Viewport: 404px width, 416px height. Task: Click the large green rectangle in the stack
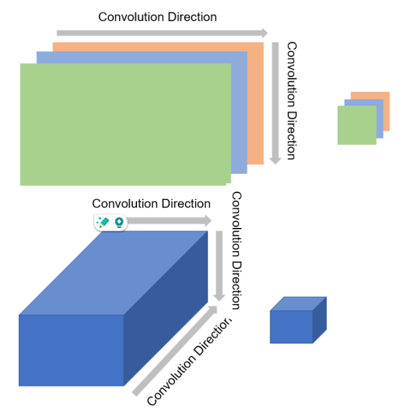pyautogui.click(x=124, y=124)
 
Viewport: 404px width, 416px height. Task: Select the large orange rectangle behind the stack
pyautogui.click(x=256, y=103)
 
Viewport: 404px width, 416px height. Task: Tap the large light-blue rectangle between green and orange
pyautogui.click(x=239, y=113)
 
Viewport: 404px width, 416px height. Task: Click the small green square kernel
pyautogui.click(x=357, y=125)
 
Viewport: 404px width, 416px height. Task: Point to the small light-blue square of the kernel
pyautogui.click(x=380, y=119)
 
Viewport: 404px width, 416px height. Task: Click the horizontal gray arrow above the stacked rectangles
pyautogui.click(x=162, y=33)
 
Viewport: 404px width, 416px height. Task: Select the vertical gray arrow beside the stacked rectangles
pyautogui.click(x=275, y=103)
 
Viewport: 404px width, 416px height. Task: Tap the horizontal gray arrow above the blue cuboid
pyautogui.click(x=170, y=220)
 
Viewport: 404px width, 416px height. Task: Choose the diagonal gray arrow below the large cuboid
pyautogui.click(x=173, y=351)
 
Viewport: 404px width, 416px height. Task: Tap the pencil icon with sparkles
pyautogui.click(x=102, y=222)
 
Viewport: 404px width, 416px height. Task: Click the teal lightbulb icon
pyautogui.click(x=119, y=222)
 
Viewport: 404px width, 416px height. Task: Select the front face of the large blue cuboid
pyautogui.click(x=71, y=350)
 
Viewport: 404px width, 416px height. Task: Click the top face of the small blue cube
pyautogui.click(x=298, y=304)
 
